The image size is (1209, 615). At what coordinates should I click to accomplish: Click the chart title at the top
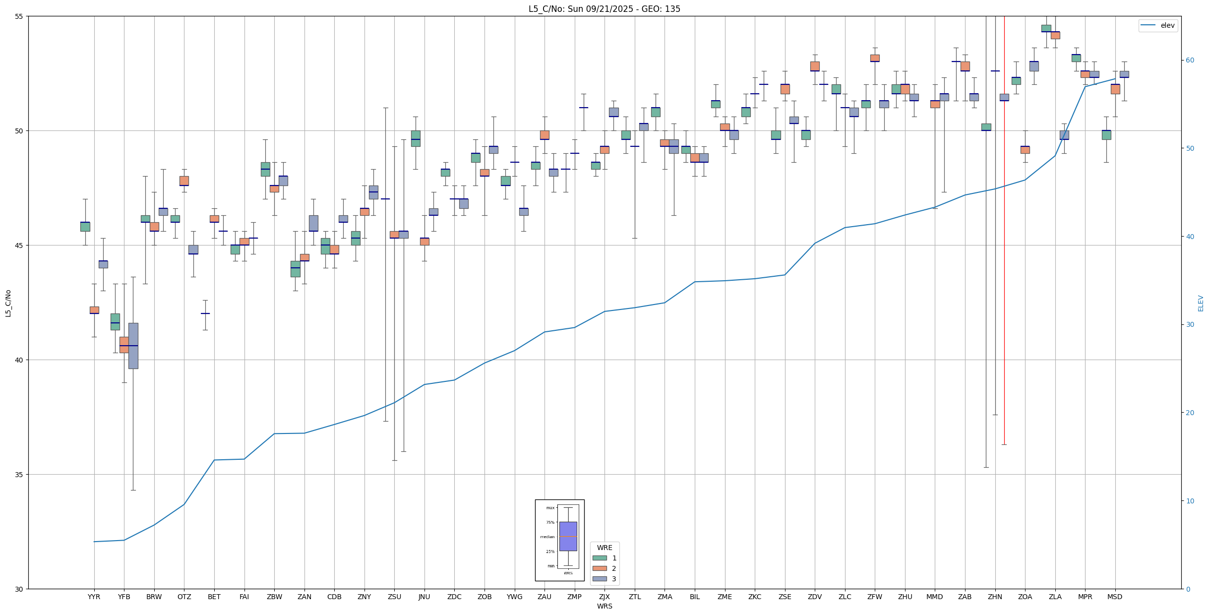pos(604,9)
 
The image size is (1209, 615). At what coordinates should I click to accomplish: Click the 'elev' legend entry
pos(1167,25)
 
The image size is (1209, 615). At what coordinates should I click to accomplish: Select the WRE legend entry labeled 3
pos(614,579)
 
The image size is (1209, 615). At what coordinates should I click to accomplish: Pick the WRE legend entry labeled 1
pos(614,558)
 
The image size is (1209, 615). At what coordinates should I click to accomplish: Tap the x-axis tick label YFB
pos(124,597)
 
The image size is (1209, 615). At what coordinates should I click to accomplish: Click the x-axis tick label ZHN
pos(995,597)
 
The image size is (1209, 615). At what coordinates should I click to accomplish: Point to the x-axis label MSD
pos(1115,597)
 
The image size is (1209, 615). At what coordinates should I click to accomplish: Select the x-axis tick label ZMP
pos(574,597)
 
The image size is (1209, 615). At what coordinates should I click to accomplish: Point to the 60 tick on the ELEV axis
pos(1190,61)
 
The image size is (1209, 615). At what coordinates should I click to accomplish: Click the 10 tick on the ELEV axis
pos(1190,501)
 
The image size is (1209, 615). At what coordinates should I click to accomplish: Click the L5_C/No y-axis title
pos(8,303)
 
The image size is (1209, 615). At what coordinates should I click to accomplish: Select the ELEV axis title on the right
pos(1201,303)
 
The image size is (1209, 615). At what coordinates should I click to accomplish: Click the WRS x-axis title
pos(604,606)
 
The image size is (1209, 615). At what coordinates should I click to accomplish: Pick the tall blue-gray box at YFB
pos(133,346)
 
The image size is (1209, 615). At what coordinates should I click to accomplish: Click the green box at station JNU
pos(416,138)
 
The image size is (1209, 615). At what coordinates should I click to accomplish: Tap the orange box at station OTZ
pos(184,181)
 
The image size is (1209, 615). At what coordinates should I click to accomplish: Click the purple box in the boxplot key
pos(568,536)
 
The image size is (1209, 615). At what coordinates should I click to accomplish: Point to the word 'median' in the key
pos(547,537)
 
